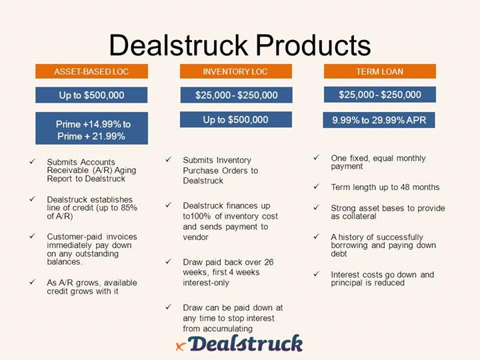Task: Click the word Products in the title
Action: pos(313,45)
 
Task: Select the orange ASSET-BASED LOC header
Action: pos(91,71)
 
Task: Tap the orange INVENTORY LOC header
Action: pos(236,71)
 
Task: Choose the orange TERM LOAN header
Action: pos(380,71)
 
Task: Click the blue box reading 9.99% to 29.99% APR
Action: pos(379,120)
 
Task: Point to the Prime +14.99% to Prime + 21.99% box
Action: pos(91,128)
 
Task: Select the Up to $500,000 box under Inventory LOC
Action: pos(236,119)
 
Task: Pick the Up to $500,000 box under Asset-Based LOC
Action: pos(91,95)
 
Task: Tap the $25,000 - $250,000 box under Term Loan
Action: pos(380,95)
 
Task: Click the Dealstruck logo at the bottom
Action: pos(240,343)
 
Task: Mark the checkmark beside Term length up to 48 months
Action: pos(316,187)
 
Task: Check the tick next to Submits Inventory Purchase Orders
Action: pos(169,159)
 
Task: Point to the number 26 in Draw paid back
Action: pos(269,262)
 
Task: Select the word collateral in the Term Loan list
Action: pos(359,216)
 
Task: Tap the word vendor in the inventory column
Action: pos(195,237)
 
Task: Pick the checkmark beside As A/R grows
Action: pos(33,282)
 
